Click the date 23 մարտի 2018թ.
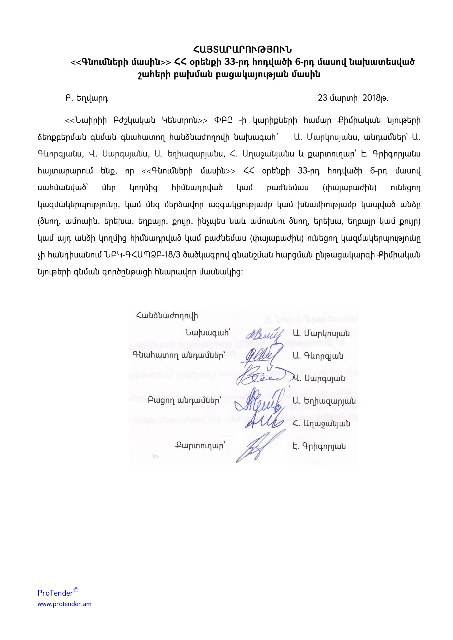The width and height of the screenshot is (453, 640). click(353, 98)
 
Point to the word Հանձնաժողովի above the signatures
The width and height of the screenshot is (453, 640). click(167, 315)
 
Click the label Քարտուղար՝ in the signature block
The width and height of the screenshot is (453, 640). click(200, 446)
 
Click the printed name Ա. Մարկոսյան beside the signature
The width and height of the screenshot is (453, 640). click(321, 333)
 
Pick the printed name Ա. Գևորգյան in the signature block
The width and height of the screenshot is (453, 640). click(318, 356)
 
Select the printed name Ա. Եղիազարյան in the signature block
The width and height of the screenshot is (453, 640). click(324, 401)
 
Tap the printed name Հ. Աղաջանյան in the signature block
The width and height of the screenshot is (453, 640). click(321, 424)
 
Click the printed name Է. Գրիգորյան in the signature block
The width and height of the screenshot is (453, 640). click(319, 447)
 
